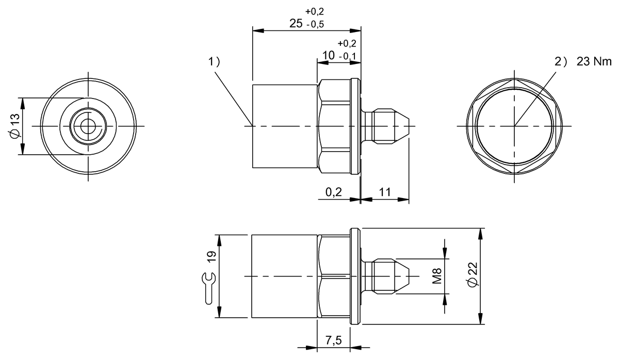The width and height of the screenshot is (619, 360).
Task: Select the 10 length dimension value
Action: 329,55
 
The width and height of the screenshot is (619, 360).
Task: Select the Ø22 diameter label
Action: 474,276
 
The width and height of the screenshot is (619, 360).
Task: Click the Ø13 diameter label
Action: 15,126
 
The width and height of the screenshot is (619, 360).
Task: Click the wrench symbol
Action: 209,287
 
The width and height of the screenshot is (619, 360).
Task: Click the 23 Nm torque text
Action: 594,61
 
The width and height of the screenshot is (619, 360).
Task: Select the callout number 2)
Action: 561,61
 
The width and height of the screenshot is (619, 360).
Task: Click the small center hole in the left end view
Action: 89,126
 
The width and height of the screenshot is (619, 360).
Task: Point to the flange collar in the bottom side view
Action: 354,276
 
